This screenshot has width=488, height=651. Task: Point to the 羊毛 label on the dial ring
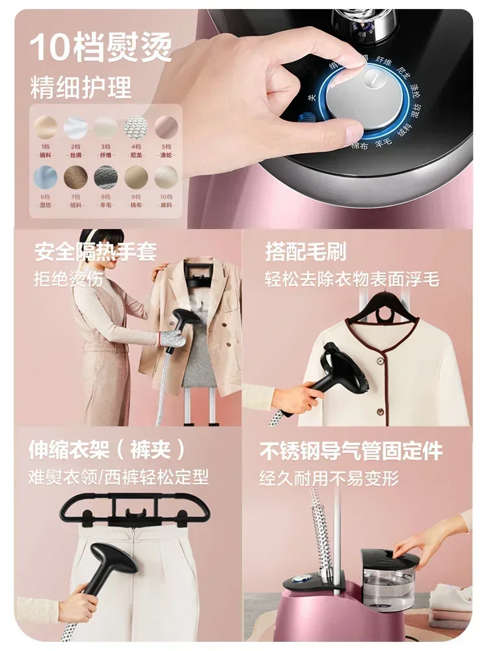point(385,141)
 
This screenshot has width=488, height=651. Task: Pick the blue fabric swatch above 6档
point(45,176)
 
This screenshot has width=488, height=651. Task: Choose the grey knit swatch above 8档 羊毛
point(105,176)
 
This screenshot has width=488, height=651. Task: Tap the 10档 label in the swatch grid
point(165,196)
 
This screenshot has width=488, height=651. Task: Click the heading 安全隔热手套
point(96,252)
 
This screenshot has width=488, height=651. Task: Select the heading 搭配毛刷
point(306,252)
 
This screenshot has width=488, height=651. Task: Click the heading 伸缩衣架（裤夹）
point(107,450)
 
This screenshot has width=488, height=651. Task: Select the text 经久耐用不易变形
point(329,478)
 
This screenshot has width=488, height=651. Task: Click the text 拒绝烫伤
point(68,279)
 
